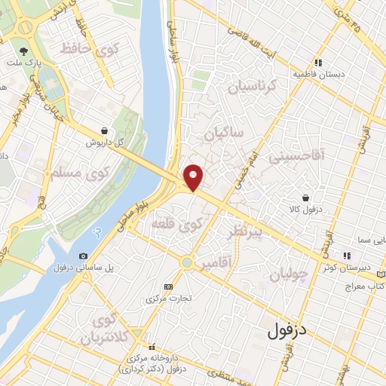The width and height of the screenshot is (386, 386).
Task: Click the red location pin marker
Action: (x=194, y=177)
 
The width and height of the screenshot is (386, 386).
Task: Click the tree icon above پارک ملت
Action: (x=25, y=52)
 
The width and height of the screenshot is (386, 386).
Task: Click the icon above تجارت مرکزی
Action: (x=168, y=287)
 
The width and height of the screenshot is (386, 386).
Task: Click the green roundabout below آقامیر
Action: (x=186, y=262)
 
